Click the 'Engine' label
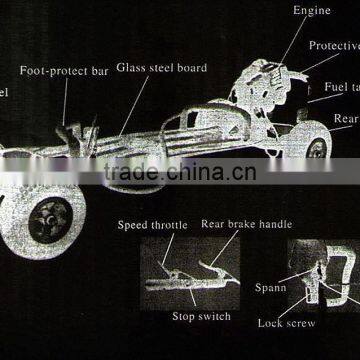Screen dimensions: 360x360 312,11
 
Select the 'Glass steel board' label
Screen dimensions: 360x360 162,68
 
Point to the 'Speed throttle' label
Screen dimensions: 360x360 152,225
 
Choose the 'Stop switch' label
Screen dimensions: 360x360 200,316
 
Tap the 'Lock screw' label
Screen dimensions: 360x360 287,323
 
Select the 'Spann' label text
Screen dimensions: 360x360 271,288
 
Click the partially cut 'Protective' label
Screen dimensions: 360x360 334,46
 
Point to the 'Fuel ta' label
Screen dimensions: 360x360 341,89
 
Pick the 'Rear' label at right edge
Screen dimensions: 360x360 346,119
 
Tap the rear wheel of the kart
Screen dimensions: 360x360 315,148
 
